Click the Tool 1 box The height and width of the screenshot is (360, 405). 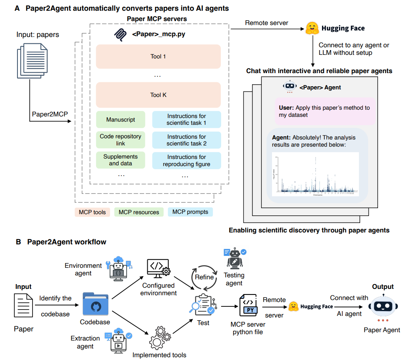(158, 56)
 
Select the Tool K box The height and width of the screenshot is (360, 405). (158, 95)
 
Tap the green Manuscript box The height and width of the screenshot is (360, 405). (120, 119)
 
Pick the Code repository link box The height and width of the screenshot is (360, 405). (120, 139)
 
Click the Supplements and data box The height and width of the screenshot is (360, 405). (120, 160)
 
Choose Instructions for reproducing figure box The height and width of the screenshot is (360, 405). (186, 161)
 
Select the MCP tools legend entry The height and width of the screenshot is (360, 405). (92, 212)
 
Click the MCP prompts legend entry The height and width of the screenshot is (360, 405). (190, 212)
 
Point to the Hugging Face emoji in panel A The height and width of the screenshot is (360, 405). (312, 29)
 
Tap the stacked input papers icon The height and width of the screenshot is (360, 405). (32, 60)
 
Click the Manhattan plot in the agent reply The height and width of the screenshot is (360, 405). (315, 174)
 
